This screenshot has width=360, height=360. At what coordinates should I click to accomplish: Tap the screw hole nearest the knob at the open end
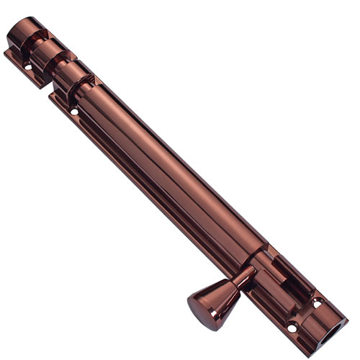[x=292, y=328]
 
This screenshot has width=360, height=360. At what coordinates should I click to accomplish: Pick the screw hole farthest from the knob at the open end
[x=318, y=302]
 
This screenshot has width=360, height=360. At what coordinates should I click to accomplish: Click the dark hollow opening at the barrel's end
[x=332, y=334]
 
